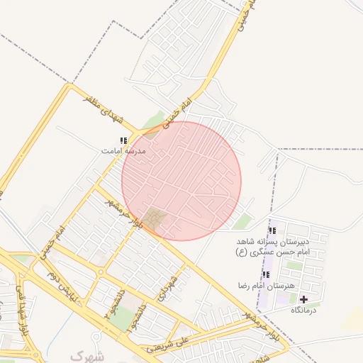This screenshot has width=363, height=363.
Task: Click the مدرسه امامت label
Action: click(123, 152)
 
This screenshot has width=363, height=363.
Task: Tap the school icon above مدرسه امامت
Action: click(123, 141)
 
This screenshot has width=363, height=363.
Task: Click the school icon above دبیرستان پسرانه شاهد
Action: click(272, 230)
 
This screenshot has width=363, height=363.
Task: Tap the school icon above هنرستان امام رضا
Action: click(266, 274)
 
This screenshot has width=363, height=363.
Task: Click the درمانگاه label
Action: click(316, 310)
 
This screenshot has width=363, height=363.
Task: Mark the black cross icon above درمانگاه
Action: click(304, 299)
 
